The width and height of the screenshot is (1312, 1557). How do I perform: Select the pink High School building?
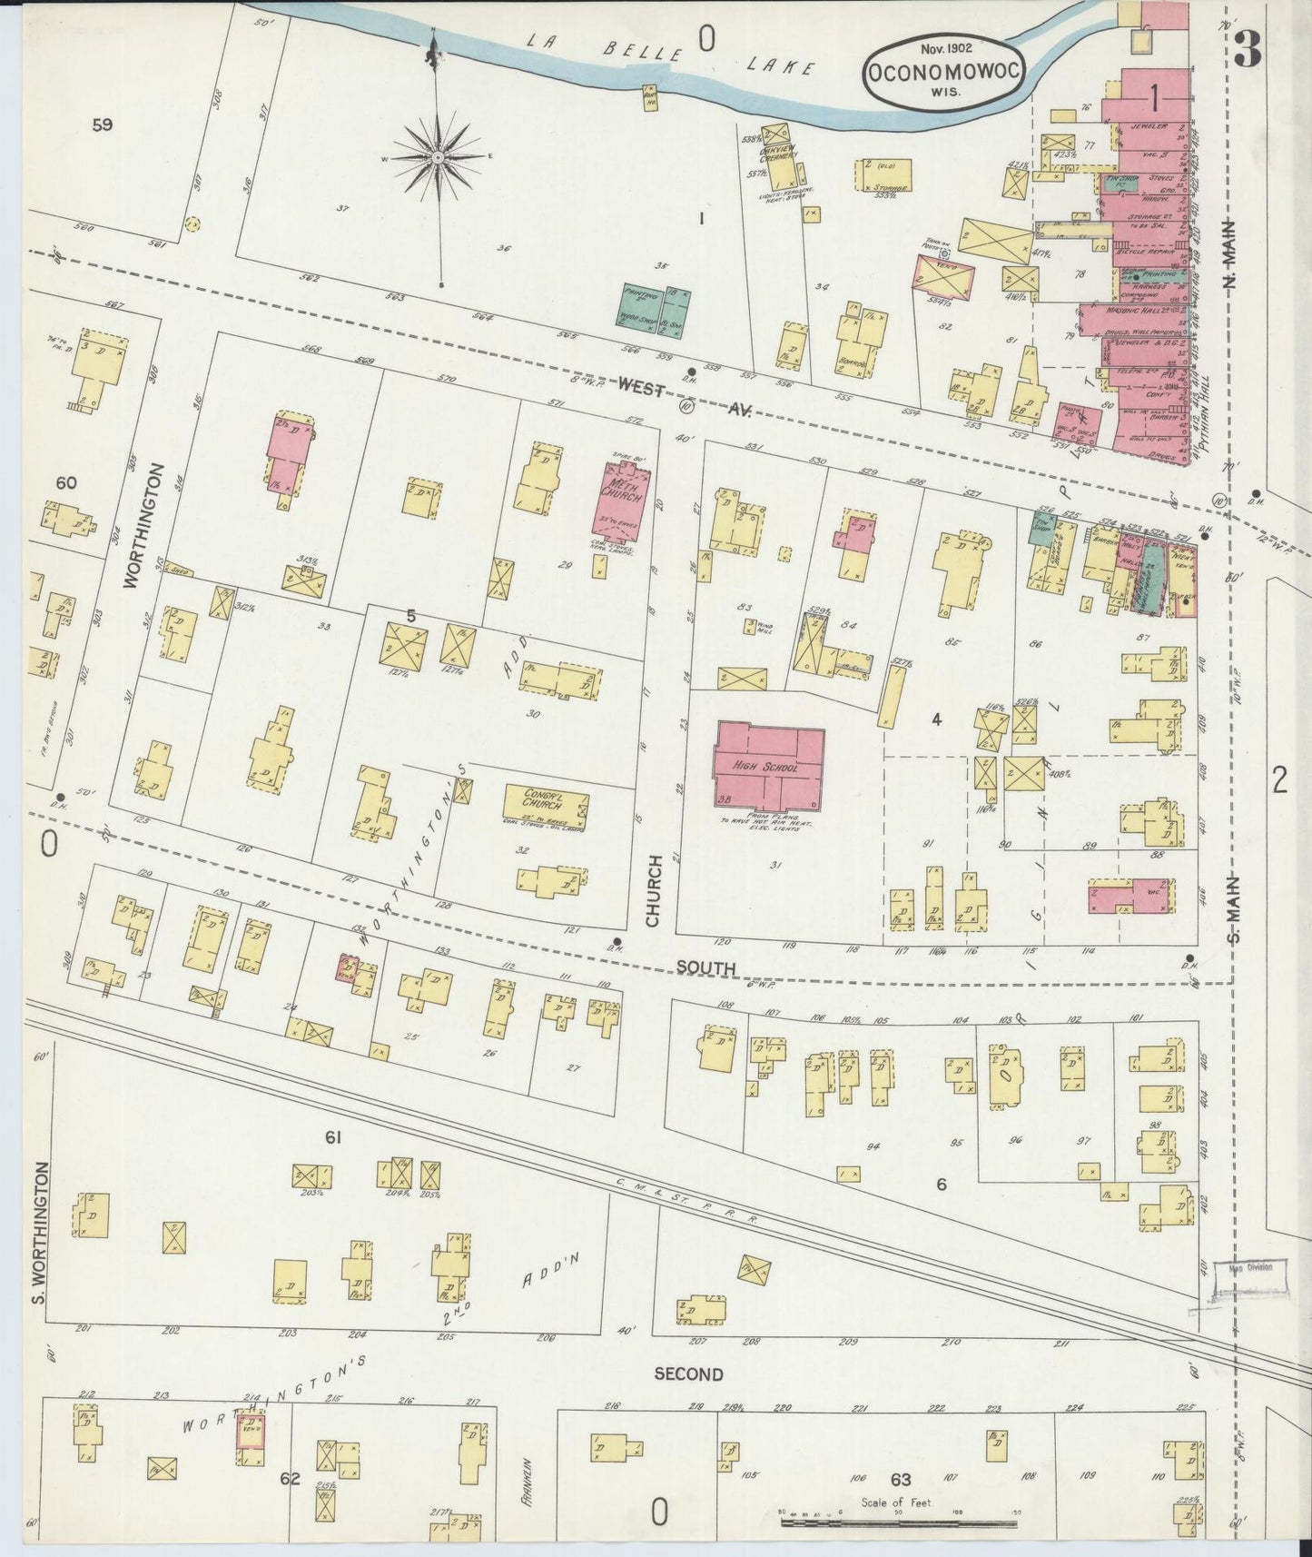pos(769,767)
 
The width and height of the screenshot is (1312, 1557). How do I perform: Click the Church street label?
pos(655,890)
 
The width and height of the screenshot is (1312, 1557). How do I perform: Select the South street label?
pos(704,969)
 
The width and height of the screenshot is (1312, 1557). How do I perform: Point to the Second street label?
pos(688,1374)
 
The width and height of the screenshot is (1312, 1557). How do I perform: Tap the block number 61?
pos(332,1136)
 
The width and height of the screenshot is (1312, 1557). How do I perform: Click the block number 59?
pos(103,125)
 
